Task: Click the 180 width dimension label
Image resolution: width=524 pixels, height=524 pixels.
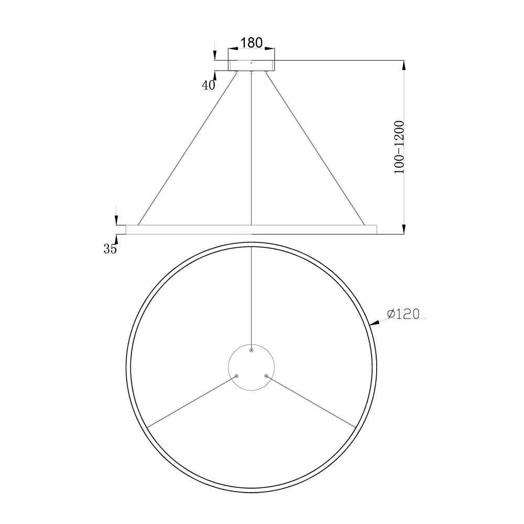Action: pos(252,42)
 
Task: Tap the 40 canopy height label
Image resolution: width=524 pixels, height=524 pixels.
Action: pos(209,85)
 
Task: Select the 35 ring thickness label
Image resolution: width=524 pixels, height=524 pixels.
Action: pos(110,248)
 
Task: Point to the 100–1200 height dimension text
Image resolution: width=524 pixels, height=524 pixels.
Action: pos(399,147)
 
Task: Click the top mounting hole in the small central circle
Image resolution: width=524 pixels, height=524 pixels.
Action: pos(252,350)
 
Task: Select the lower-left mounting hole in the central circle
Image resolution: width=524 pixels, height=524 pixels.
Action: pos(237,376)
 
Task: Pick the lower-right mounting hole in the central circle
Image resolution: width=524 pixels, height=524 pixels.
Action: pos(266,376)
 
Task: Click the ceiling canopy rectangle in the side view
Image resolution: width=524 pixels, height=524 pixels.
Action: pos(252,65)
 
